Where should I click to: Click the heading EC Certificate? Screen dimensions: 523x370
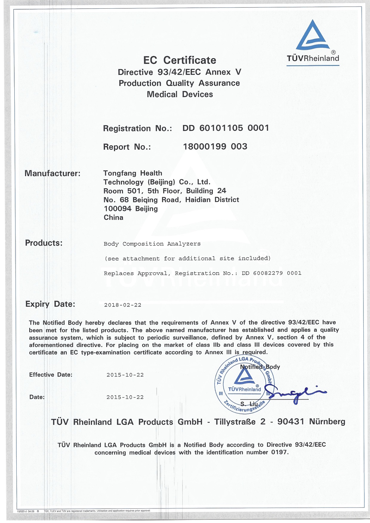[180, 60]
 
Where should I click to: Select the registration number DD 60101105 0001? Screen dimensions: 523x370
[226, 128]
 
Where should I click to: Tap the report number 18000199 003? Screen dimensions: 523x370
[215, 146]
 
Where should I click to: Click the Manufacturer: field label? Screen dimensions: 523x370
[53, 173]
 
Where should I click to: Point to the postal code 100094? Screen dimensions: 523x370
[118, 209]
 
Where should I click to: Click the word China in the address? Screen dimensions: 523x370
[113, 217]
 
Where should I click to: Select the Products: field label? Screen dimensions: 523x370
[44, 243]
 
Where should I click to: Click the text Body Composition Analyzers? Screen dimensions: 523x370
[152, 244]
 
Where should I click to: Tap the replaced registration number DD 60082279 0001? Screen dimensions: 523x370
[272, 273]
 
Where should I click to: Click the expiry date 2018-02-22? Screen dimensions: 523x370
[123, 305]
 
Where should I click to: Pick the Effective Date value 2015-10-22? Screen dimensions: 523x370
[125, 375]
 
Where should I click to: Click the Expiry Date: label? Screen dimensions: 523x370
[50, 304]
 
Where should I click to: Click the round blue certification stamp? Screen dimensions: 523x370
[244, 385]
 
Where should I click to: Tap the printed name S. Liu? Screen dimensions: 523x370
[249, 404]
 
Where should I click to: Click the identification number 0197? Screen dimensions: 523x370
[279, 452]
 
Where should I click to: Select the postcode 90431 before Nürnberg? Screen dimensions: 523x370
[291, 422]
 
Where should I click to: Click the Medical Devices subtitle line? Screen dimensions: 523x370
[180, 94]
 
